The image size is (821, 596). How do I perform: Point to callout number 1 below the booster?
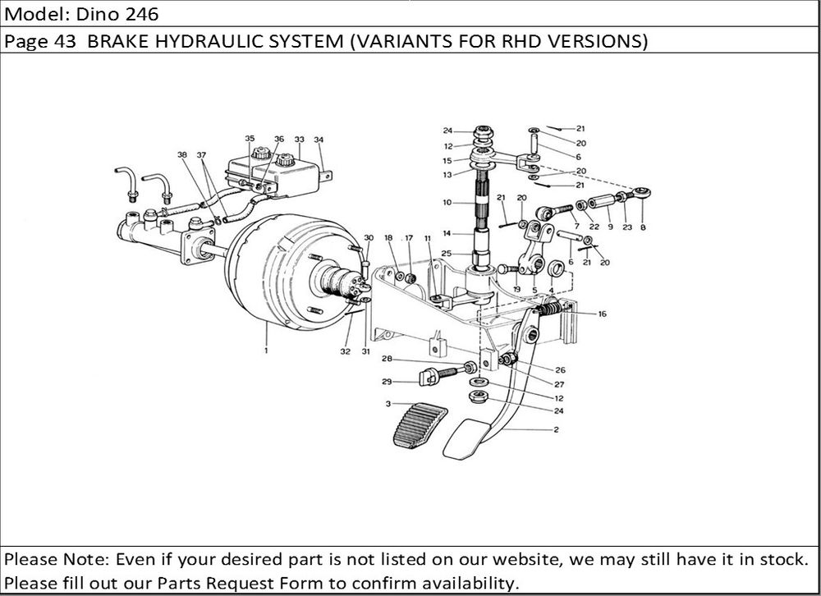(x=267, y=351)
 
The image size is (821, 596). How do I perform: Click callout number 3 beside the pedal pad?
(x=387, y=404)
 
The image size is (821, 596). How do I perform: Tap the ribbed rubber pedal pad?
(x=418, y=425)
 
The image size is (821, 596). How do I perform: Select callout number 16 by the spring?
(x=602, y=314)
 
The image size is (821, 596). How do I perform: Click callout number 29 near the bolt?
(x=386, y=382)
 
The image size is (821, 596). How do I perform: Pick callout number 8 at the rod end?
(x=642, y=227)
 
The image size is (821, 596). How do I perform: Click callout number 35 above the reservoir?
(x=250, y=139)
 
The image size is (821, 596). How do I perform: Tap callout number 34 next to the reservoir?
(x=319, y=140)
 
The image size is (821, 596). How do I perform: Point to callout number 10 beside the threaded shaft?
(x=447, y=202)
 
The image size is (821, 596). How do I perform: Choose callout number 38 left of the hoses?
(x=181, y=154)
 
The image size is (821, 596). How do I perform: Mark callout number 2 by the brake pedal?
(x=556, y=430)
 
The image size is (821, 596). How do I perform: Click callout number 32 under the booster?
(x=345, y=351)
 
